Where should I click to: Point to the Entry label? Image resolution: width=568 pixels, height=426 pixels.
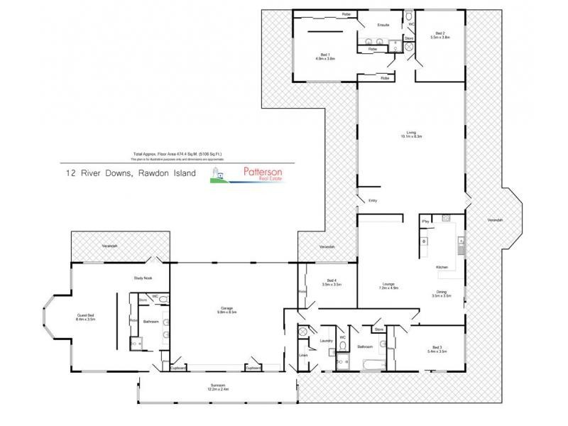point(373,201)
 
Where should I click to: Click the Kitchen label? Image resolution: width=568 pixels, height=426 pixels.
point(442,267)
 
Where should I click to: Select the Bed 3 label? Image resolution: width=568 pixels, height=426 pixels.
point(437,349)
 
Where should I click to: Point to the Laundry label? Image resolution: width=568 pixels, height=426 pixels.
point(326,342)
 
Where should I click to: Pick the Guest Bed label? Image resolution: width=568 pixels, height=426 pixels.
point(87,319)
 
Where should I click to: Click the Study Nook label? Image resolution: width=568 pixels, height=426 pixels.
point(143,278)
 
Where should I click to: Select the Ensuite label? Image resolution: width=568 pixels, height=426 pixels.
point(384,25)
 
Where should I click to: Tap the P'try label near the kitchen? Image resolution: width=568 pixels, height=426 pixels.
point(425,222)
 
